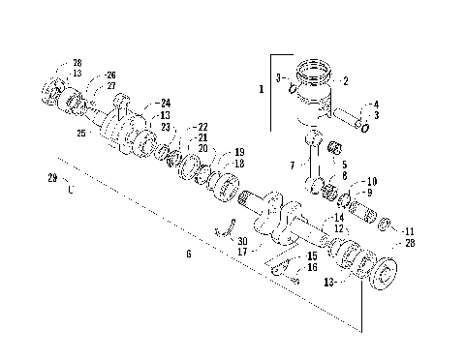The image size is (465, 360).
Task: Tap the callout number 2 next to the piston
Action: pos(346,81)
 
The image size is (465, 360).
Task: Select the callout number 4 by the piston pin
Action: pos(376,104)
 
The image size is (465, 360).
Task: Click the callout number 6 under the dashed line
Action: pos(188,254)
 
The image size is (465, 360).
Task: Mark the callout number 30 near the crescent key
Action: pos(242,240)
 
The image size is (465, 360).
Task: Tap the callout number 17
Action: pos(242,252)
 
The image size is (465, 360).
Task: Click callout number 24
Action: pos(166,103)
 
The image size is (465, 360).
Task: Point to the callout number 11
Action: pos(409,231)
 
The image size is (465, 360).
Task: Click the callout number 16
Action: pos(312,267)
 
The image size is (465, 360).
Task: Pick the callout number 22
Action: pos(202,127)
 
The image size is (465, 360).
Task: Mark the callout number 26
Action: pos(110,75)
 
